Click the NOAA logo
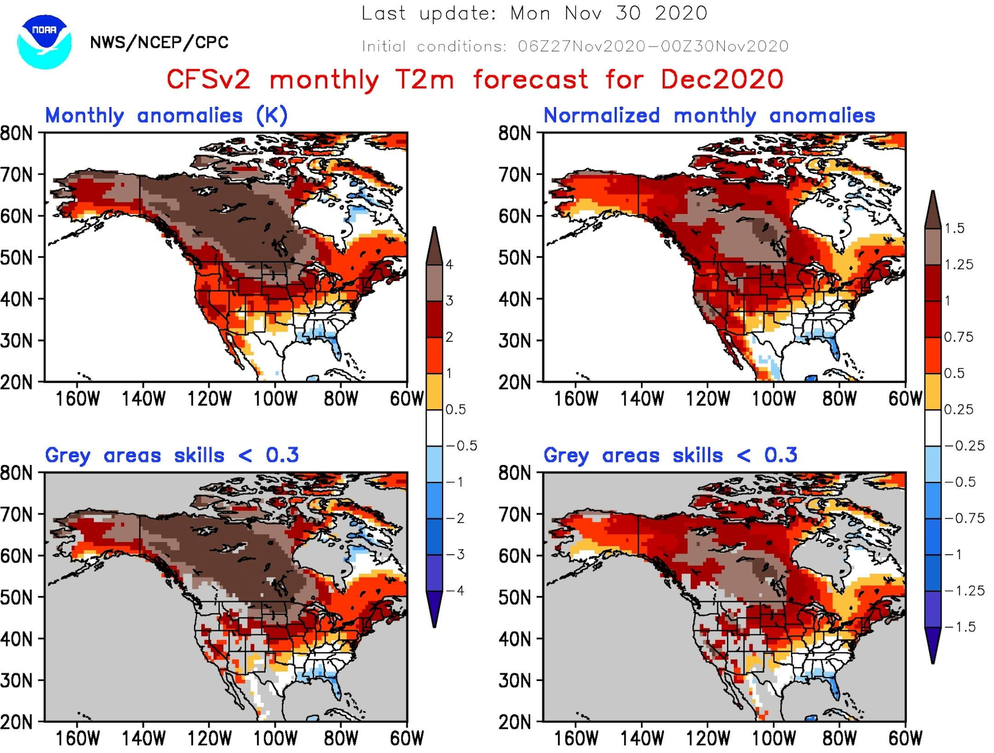[44, 42]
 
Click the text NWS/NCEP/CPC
[159, 43]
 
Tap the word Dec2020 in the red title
[722, 79]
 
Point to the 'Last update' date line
[534, 13]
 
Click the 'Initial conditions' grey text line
[575, 46]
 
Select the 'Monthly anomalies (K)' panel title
[166, 115]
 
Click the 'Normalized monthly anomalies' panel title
[709, 115]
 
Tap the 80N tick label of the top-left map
[17, 134]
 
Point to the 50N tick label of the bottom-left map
[17, 598]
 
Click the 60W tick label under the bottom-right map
[905, 739]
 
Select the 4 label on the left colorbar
[449, 264]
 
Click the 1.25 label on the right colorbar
[959, 264]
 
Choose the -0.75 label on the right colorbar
[964, 518]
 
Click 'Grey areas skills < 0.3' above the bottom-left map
[172, 455]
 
